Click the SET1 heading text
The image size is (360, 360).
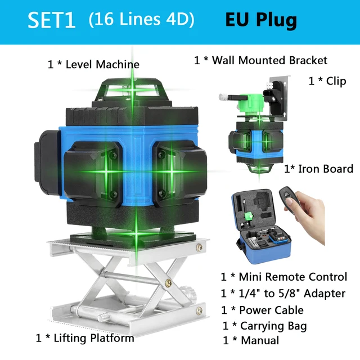click(x=52, y=20)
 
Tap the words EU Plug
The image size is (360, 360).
click(x=261, y=20)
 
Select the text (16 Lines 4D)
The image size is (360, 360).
click(x=141, y=20)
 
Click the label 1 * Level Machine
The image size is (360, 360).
click(x=93, y=64)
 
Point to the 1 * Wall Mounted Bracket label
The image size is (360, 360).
click(x=260, y=60)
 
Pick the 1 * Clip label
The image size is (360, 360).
click(x=327, y=81)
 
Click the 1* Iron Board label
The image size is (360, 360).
click(x=318, y=169)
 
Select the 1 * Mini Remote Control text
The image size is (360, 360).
click(x=283, y=277)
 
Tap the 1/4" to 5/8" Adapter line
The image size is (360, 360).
click(x=283, y=293)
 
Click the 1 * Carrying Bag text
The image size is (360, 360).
click(x=264, y=326)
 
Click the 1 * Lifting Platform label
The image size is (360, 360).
click(x=85, y=338)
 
